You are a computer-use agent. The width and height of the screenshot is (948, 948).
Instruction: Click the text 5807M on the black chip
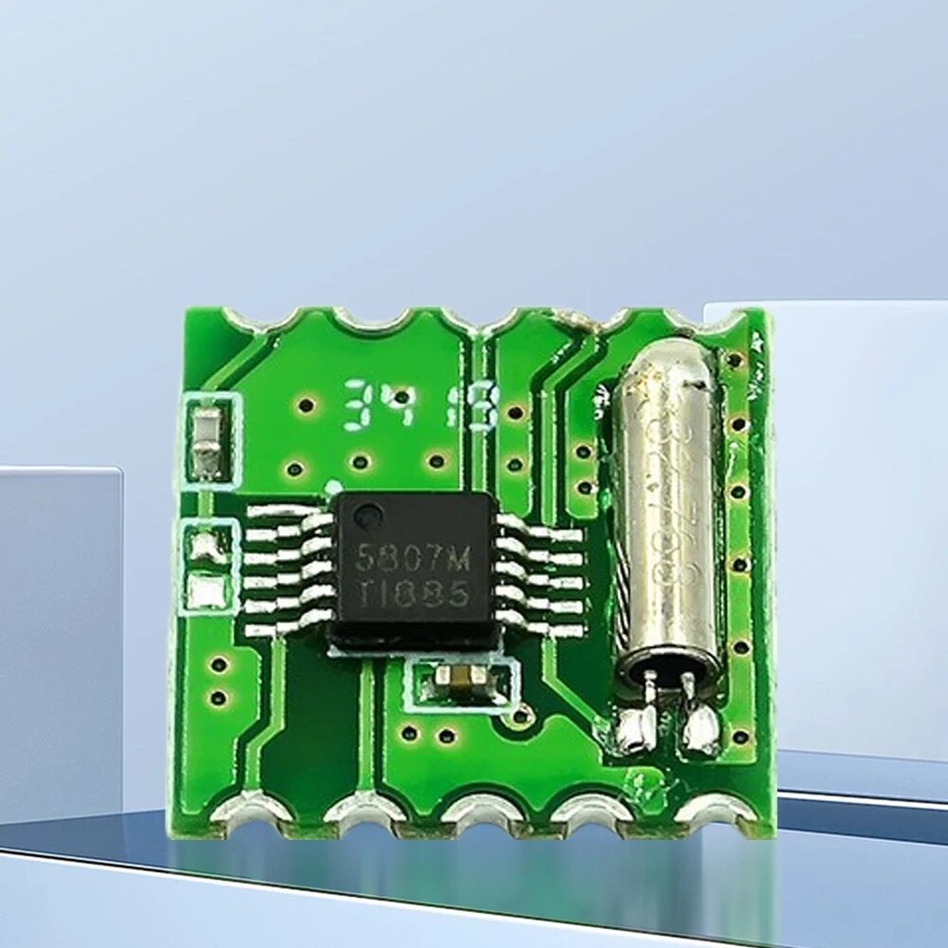[412, 558]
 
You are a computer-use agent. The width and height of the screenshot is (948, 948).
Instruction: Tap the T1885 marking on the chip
[414, 595]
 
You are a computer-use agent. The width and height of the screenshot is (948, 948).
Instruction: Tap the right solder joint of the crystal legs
[701, 729]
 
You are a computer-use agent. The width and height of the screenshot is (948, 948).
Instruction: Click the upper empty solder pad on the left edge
[206, 546]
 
